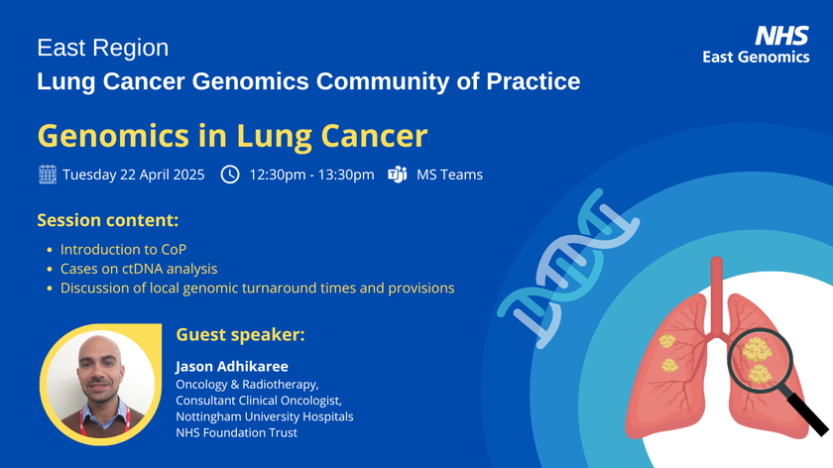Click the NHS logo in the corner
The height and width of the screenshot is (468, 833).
click(x=781, y=36)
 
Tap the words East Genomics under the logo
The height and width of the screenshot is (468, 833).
click(x=756, y=58)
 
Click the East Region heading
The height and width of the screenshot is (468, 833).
click(x=102, y=48)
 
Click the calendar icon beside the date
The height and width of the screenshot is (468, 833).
click(x=47, y=175)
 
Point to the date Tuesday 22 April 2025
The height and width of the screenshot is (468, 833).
click(x=133, y=175)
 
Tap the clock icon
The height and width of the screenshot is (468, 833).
click(x=229, y=175)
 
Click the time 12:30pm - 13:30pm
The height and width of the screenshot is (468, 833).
click(x=311, y=175)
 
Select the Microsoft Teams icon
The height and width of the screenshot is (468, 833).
click(x=398, y=175)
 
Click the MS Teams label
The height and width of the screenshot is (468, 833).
click(x=449, y=175)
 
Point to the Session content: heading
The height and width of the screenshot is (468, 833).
click(x=107, y=219)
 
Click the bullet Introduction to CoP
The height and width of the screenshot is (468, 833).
click(x=123, y=249)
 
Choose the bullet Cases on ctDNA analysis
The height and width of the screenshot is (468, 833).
click(x=138, y=269)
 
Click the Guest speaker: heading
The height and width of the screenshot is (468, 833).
click(x=240, y=335)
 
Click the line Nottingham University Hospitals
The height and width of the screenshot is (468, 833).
click(x=264, y=416)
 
